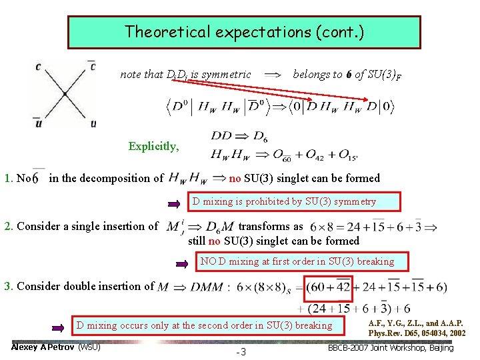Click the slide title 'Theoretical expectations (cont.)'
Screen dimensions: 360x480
[244, 31]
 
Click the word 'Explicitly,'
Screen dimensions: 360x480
[153, 147]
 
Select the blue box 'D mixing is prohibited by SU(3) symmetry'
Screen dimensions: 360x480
[284, 201]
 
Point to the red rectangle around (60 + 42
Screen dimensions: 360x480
[328, 287]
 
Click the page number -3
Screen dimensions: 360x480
[241, 351]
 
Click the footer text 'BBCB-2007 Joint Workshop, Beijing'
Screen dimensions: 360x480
[391, 347]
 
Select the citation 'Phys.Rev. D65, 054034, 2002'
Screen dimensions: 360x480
[417, 333]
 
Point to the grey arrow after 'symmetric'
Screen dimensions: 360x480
[273, 75]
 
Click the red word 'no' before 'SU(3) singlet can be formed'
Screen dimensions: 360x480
[235, 178]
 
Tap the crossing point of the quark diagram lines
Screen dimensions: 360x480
[64, 94]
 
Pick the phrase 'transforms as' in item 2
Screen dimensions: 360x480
[270, 226]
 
